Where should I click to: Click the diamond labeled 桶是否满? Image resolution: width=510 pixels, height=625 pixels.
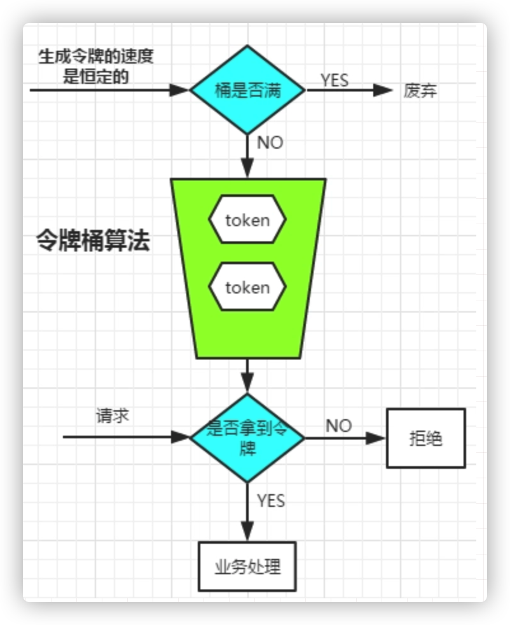click(x=248, y=90)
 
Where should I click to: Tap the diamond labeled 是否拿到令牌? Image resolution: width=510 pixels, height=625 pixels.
click(x=247, y=438)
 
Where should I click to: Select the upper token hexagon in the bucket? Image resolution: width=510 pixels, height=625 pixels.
click(x=247, y=220)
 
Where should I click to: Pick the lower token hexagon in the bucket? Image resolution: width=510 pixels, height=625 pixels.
click(x=247, y=288)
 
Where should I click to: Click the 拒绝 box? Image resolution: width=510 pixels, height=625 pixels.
click(x=426, y=438)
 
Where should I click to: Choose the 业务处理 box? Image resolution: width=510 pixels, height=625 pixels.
click(x=247, y=567)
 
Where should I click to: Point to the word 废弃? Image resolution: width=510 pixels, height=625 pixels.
click(x=420, y=91)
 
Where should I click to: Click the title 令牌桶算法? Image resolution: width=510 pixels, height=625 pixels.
click(x=93, y=242)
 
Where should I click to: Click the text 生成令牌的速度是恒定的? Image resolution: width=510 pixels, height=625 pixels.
click(x=96, y=66)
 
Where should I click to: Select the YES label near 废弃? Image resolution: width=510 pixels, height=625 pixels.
click(x=334, y=80)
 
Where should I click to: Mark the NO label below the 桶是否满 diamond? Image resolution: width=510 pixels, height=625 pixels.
click(x=270, y=143)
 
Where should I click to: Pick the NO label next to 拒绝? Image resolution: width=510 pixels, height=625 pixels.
click(x=339, y=426)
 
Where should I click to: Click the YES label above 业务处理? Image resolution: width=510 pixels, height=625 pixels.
click(x=272, y=501)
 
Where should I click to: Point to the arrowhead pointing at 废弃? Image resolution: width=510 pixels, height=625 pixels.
click(x=383, y=90)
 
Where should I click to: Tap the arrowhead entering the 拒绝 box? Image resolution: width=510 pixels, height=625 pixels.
click(x=378, y=438)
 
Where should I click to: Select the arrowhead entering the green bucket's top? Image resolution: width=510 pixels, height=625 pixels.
click(x=247, y=169)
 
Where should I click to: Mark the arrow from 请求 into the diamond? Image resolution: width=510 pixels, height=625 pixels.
click(x=121, y=437)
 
